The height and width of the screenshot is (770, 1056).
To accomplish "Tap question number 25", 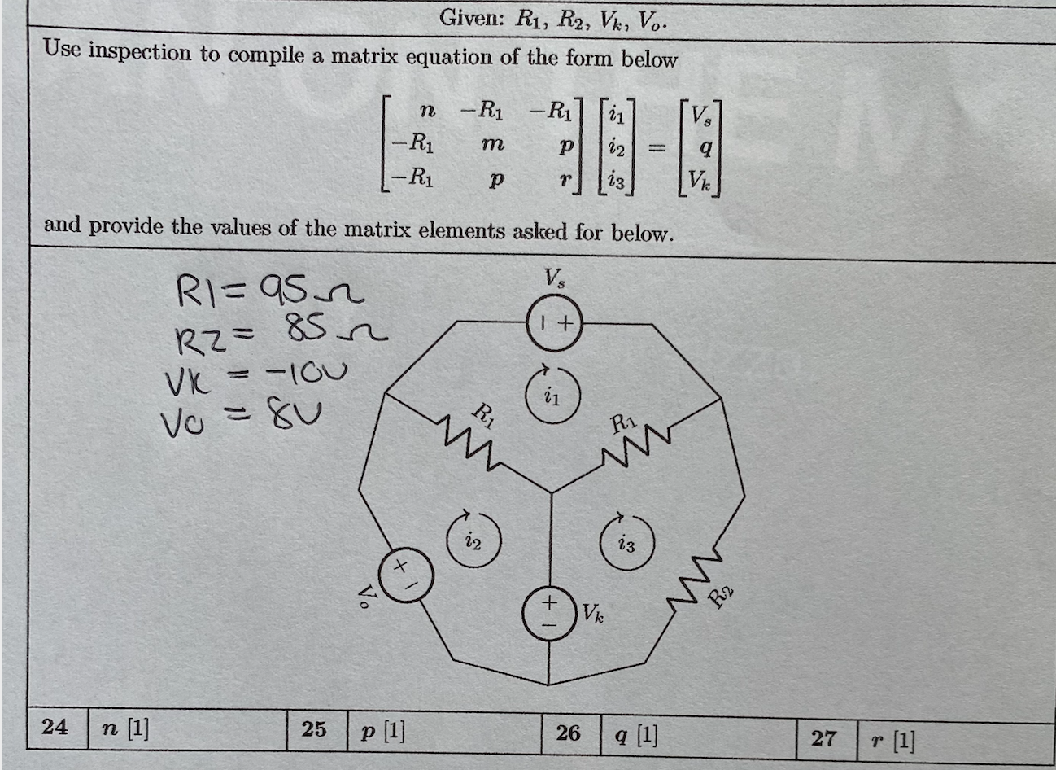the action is tap(314, 728).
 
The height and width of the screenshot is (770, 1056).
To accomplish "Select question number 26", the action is tap(568, 733).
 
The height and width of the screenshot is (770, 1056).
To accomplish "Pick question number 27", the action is tap(823, 737).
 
